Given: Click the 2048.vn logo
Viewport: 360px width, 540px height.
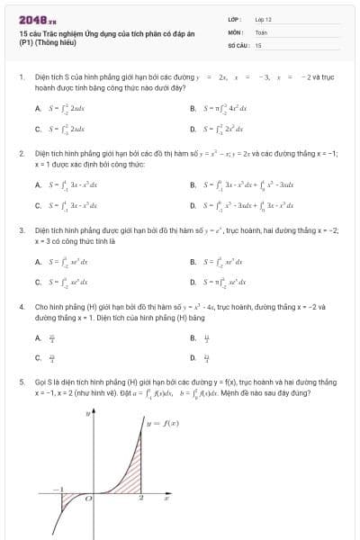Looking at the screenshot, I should click(x=37, y=19).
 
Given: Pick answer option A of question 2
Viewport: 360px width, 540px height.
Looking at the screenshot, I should click(x=38, y=184).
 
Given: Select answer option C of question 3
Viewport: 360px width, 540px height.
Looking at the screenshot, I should click(x=38, y=282).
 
